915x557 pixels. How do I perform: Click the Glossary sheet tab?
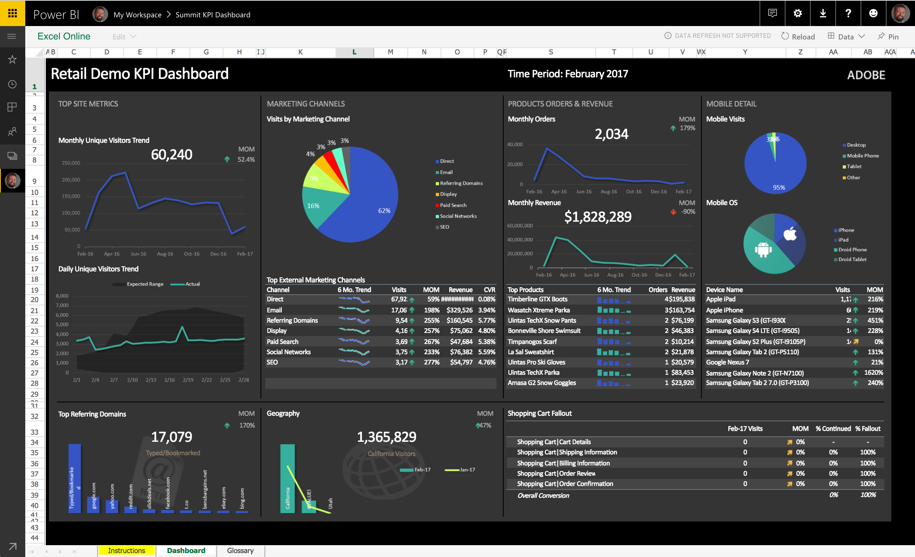tap(240, 550)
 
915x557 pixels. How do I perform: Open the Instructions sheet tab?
tap(126, 550)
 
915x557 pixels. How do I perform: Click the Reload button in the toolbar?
tap(798, 36)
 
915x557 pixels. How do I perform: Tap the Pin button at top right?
tap(888, 36)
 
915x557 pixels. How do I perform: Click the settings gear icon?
tap(797, 13)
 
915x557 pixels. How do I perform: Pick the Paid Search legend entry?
tap(453, 205)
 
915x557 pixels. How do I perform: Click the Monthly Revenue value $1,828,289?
tap(598, 217)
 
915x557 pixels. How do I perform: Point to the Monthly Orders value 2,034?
tap(611, 134)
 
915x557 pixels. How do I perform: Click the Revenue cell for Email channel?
tap(459, 310)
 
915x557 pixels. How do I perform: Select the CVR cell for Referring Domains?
tap(487, 320)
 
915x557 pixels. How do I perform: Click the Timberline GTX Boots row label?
tap(537, 299)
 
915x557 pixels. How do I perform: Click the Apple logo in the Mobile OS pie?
tap(790, 234)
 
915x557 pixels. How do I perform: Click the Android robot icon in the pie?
tap(763, 249)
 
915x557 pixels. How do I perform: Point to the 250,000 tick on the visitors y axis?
tap(71, 163)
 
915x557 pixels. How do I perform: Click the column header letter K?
tap(300, 52)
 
